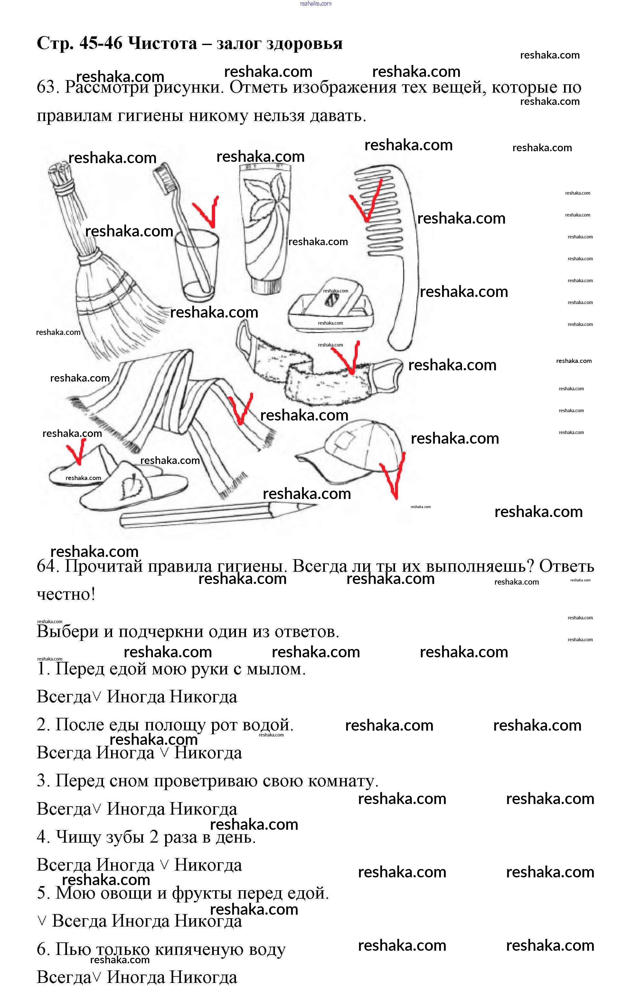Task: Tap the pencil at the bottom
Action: [216, 514]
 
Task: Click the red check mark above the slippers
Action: [76, 452]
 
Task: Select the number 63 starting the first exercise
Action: [46, 88]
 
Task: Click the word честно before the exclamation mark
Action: [63, 594]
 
